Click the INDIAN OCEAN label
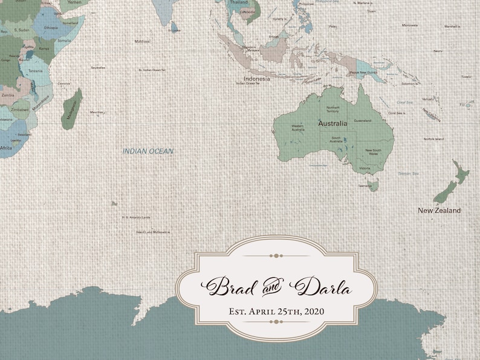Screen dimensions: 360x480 coord(148,151)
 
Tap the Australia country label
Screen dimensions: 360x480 coord(332,123)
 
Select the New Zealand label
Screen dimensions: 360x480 coord(439,211)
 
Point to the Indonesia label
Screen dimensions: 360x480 coord(257,79)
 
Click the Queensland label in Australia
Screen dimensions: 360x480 coord(363,120)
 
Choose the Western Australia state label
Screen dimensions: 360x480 coord(298,128)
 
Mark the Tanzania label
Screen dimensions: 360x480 coord(36,71)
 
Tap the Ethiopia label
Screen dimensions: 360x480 coord(51,28)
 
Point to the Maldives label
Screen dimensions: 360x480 coord(142,41)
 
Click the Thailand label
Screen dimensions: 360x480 coord(239,2)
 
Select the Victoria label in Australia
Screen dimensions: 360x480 coord(365,168)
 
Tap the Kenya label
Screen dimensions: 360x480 coord(44,48)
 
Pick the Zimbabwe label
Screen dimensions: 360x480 coord(19,110)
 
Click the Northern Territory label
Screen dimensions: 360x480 coord(332,110)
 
